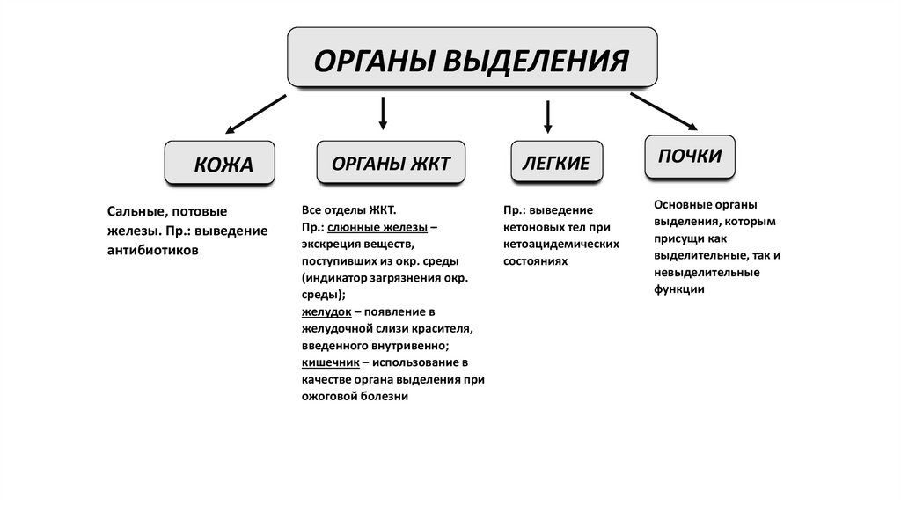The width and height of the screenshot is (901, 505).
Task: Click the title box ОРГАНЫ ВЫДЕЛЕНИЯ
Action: pos(472,58)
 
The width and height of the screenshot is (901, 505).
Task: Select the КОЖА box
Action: pos(220,164)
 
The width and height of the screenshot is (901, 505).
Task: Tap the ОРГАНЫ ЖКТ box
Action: pos(391,164)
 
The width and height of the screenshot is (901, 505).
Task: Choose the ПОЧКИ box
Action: pos(690,156)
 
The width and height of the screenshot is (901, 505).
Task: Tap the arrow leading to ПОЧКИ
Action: pos(663,111)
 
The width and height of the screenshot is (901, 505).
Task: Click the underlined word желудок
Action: pos(327,311)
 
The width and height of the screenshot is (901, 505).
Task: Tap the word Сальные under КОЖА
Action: pos(136,211)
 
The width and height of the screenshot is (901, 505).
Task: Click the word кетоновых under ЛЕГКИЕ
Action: pos(535,227)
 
